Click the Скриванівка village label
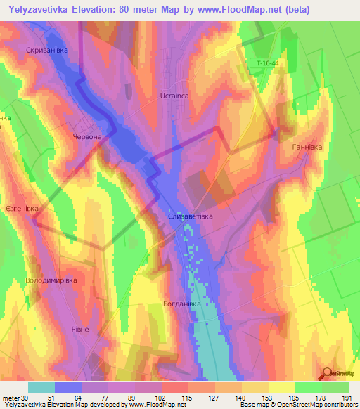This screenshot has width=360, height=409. [46, 51]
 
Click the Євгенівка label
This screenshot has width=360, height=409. [20, 209]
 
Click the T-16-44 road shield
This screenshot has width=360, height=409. [268, 64]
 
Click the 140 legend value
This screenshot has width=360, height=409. [241, 398]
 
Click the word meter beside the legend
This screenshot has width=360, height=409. [10, 398]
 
